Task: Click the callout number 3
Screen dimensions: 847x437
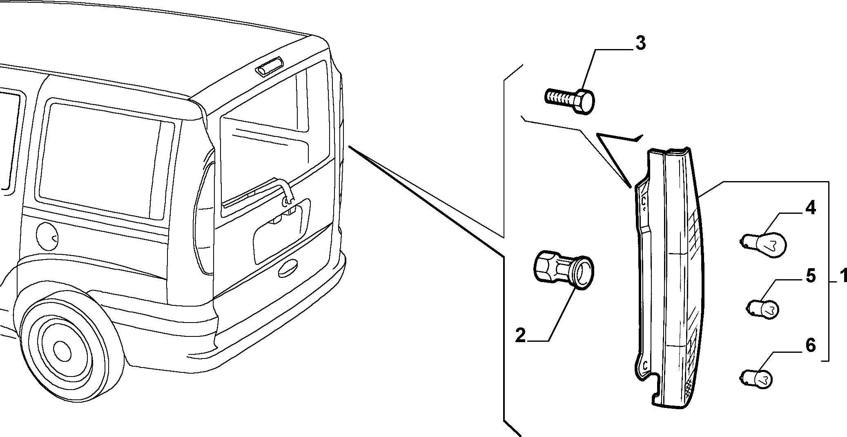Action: point(640,43)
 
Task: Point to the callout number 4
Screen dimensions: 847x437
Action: point(810,208)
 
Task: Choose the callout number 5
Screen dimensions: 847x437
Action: point(811,276)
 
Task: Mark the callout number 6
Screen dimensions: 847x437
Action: point(811,345)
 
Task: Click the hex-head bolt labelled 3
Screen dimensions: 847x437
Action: point(570,100)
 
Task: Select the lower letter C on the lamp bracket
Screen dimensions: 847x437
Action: point(646,365)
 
